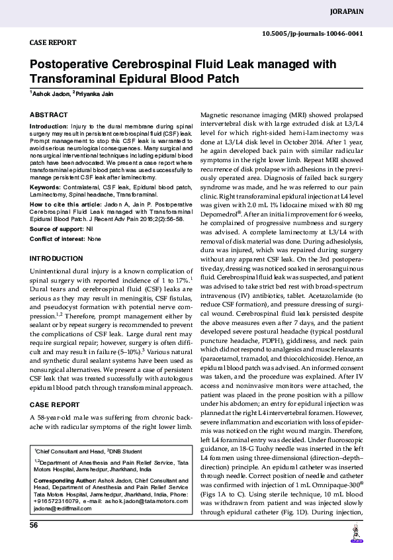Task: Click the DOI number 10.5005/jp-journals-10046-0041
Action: (x=312, y=33)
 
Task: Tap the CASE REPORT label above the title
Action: (x=52, y=42)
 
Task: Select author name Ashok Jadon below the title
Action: (x=50, y=95)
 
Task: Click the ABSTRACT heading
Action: (x=49, y=115)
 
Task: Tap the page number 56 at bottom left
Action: (x=34, y=525)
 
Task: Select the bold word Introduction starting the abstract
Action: (x=49, y=125)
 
